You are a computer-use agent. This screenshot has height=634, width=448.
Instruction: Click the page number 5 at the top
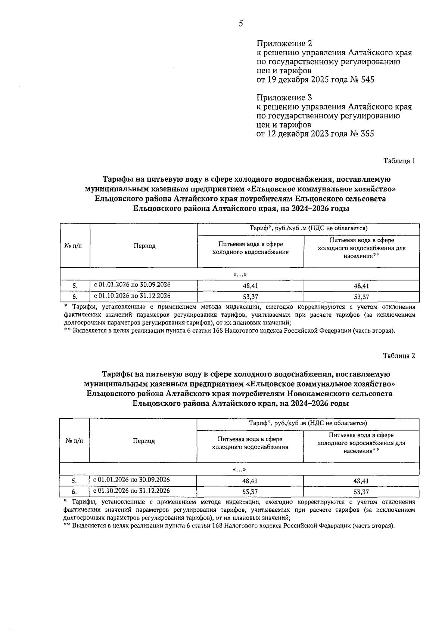point(241,24)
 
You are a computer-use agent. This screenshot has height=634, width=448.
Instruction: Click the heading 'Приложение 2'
point(284,43)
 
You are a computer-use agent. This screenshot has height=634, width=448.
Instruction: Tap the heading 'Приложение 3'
point(284,98)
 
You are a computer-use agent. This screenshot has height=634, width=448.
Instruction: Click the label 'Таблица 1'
point(399,161)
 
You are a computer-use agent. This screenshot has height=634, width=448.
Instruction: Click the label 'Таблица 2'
point(399,356)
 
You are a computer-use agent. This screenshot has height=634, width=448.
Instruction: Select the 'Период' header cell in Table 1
point(144,246)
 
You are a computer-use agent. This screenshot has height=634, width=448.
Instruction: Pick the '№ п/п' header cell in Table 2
point(74,441)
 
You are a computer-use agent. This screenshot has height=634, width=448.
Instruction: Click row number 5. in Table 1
point(75,286)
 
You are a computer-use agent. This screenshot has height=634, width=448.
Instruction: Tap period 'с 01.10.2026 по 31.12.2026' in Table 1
point(132,296)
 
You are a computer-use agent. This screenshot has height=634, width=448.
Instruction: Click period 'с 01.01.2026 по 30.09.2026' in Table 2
point(131,480)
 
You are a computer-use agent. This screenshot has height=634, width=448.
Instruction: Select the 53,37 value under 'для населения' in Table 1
point(361,297)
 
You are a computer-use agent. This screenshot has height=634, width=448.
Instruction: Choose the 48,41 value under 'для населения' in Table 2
point(361,481)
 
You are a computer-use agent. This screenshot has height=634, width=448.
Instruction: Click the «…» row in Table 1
point(240,275)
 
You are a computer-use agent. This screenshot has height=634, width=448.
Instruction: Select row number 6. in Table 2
point(74,492)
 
